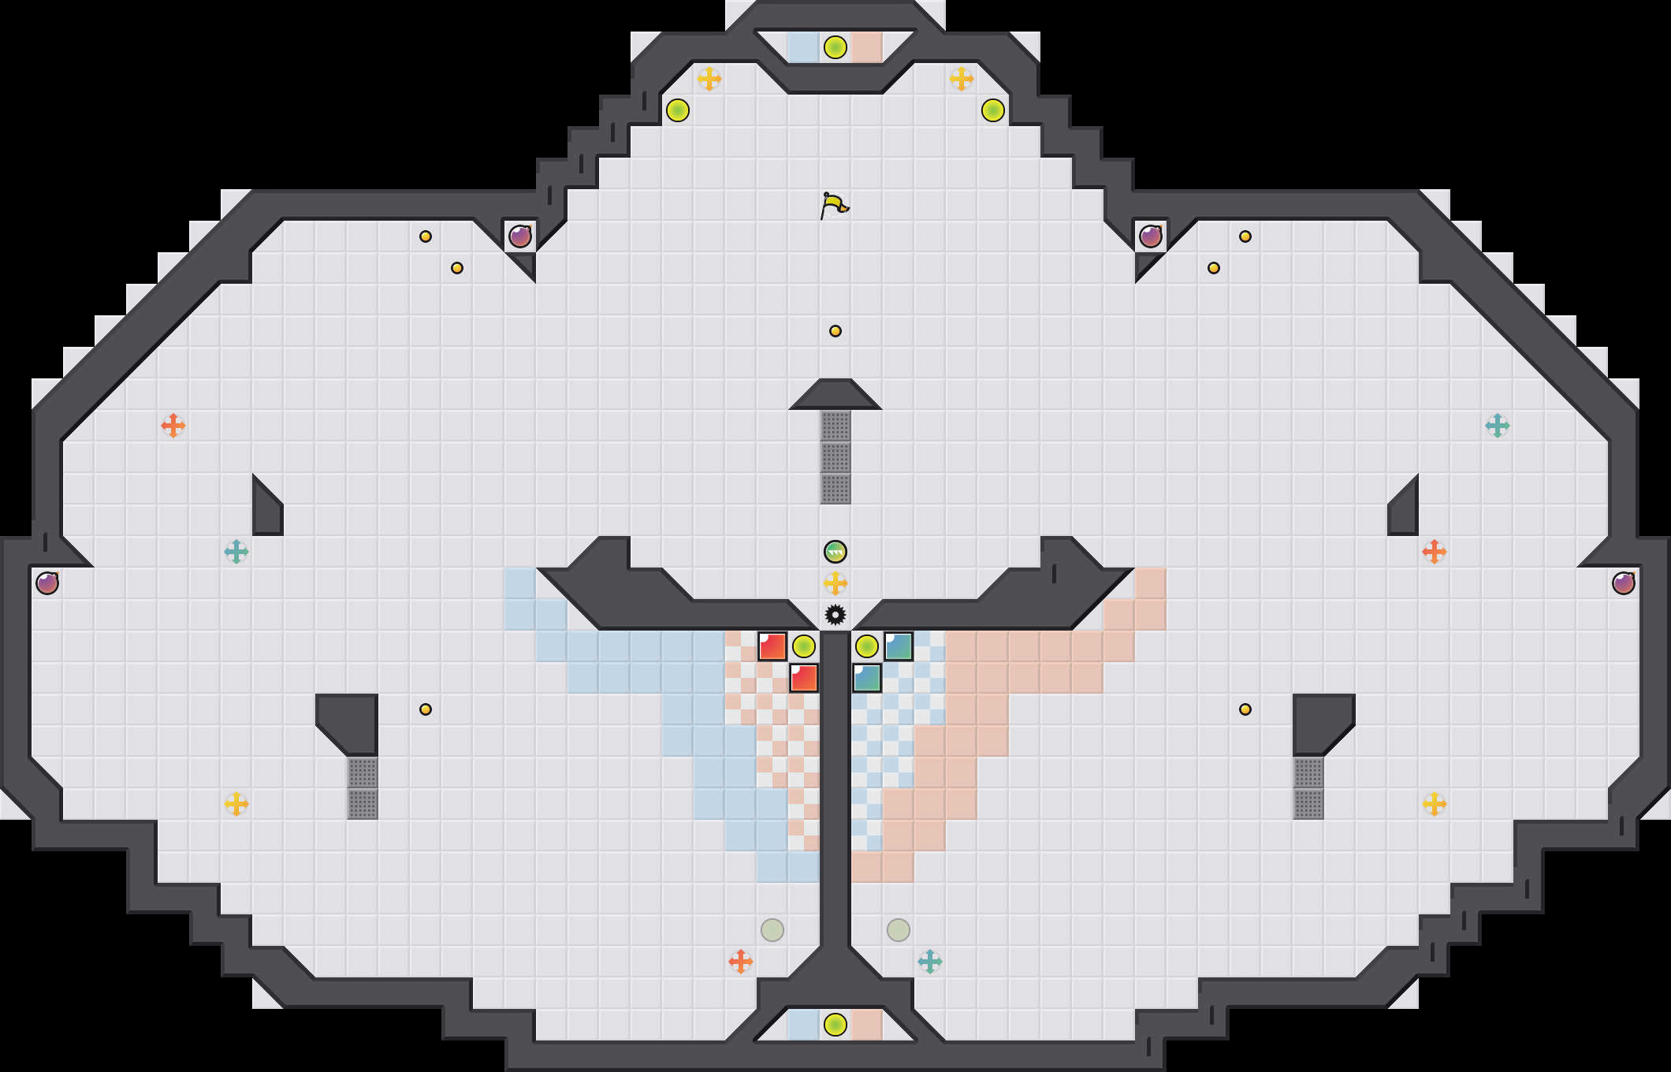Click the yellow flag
834,206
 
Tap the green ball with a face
835,552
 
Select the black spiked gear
835,614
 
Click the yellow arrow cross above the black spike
835,583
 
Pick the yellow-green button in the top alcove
835,47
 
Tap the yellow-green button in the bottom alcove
835,1025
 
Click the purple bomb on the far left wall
47,583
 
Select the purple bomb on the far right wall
1624,583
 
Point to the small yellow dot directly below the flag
835,331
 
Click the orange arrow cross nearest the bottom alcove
741,962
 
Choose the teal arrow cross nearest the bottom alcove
930,962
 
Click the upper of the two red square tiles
772,646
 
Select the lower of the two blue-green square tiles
867,678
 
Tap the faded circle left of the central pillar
772,930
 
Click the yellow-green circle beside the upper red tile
804,646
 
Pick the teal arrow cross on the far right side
1498,426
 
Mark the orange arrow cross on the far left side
173,426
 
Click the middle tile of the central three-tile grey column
835,457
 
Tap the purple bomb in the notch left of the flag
520,236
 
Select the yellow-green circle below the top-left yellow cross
678,110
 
